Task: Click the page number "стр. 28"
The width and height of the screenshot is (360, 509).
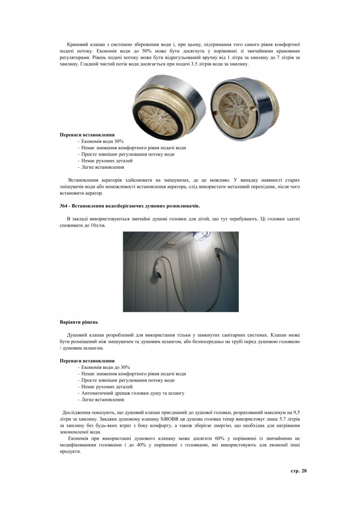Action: [x=298, y=471]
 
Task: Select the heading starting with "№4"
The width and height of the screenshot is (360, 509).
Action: [x=130, y=206]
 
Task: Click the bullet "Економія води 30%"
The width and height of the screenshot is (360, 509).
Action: [x=100, y=141]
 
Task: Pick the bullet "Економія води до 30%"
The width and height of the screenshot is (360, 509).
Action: [x=103, y=367]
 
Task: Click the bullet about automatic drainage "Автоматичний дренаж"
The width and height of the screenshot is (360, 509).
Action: [x=131, y=393]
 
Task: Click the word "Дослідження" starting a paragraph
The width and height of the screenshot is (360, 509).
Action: [x=75, y=412]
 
